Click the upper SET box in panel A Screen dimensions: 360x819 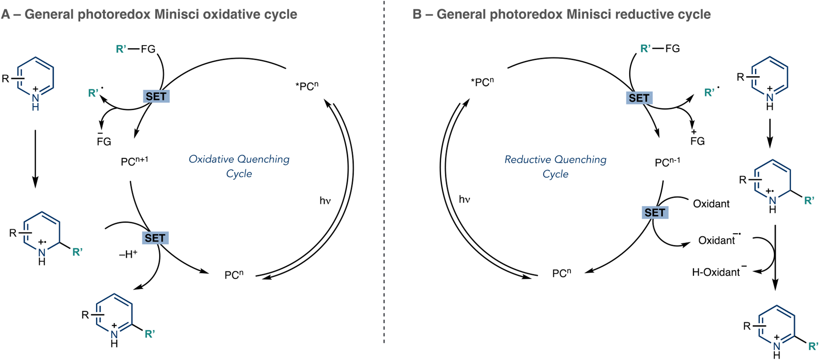[156, 97]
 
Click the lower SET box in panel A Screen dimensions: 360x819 [155, 238]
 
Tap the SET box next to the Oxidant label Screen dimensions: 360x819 [655, 212]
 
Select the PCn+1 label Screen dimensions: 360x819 [134, 161]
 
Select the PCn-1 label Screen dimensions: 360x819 [667, 162]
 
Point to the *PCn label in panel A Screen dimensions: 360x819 [307, 86]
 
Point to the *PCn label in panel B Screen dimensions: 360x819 [482, 82]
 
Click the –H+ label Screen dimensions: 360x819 [128, 255]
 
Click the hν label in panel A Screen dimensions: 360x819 [325, 200]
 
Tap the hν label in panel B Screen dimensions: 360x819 [464, 199]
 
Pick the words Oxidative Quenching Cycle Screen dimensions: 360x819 [239, 166]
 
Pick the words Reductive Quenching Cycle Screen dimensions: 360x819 [555, 166]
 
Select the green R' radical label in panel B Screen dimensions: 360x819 [710, 93]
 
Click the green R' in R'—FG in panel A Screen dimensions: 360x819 [121, 49]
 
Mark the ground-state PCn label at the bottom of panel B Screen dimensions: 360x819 [561, 273]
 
